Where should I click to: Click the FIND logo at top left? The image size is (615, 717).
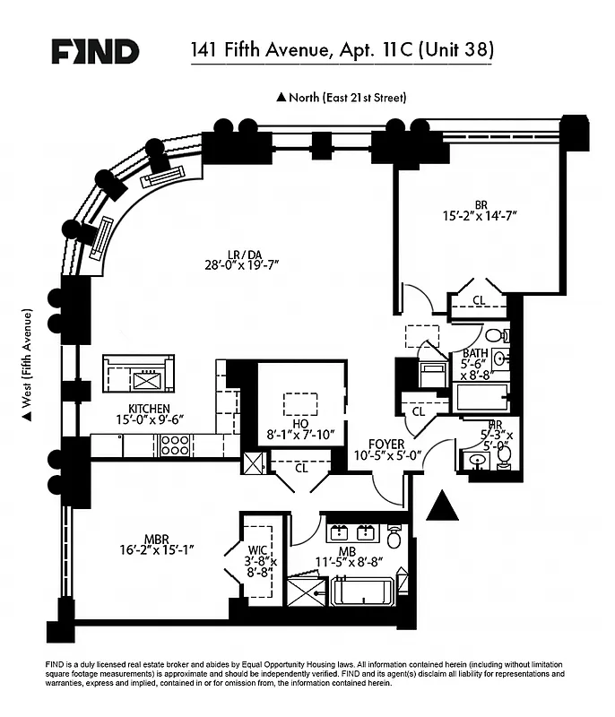point(94,51)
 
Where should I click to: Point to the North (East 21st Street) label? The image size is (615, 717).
point(342,97)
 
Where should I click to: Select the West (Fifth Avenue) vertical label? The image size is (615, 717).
point(28,363)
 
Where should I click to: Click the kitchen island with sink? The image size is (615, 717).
point(138,373)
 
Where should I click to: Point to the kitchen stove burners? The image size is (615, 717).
point(174,445)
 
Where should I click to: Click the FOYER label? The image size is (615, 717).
point(386,444)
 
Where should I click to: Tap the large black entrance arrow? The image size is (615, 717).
point(442,507)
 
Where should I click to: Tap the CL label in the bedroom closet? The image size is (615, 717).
point(479,300)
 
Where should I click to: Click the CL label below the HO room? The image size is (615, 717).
point(300,467)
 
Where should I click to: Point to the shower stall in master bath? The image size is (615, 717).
point(306,592)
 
